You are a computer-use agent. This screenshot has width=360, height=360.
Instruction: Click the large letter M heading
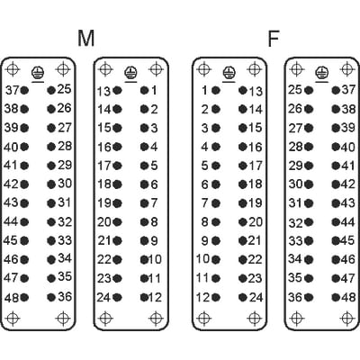coord(86,38)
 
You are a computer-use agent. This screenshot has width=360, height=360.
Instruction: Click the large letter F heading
coord(274,39)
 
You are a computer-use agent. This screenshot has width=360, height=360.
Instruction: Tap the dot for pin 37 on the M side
coord(24,90)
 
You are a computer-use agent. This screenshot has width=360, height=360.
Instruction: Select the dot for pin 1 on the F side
coord(216,90)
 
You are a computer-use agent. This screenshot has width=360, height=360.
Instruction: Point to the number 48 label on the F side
coord(348,297)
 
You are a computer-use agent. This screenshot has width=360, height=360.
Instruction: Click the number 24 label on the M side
coord(103,297)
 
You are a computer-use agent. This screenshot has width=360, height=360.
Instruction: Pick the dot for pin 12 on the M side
coord(144,297)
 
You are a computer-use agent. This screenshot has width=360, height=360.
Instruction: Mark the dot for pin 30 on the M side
coord(51,184)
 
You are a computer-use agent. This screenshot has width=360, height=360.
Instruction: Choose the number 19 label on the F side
coord(255,203)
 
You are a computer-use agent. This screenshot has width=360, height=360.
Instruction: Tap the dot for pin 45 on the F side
coord(336,240)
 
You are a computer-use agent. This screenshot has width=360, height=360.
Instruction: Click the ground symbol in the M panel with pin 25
coord(38,74)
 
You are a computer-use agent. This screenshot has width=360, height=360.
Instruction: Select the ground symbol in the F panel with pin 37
coord(322,74)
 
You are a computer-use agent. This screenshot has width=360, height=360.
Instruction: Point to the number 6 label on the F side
coord(204,184)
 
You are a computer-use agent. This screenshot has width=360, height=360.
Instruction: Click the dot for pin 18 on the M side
coord(117,184)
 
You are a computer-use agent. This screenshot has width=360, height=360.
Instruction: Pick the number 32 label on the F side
coord(296,223)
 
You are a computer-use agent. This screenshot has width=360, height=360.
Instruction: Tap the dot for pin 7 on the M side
coord(144,203)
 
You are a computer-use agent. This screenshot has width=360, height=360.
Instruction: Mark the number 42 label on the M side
coord(12,184)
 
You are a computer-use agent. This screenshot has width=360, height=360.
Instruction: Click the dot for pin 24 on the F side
coord(243,297)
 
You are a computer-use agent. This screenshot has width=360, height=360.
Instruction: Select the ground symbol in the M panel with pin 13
coord(130,74)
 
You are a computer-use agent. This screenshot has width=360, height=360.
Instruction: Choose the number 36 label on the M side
coord(65,297)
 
